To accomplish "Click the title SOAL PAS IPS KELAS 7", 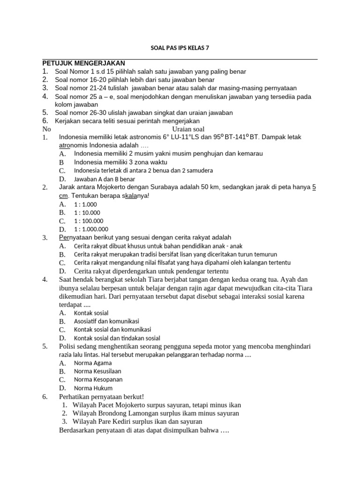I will point(180,47).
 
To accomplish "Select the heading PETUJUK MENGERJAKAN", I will point(83,63).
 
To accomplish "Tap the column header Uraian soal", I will point(188,129).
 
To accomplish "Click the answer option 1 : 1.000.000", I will point(91,229).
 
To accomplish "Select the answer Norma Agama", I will point(93,363).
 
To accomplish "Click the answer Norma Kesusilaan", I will point(97,371).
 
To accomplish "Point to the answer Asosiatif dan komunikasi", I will point(106,321).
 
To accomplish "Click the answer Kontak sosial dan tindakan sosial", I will point(117,338).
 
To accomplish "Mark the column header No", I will point(46,129).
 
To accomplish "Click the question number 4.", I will point(45,280).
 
